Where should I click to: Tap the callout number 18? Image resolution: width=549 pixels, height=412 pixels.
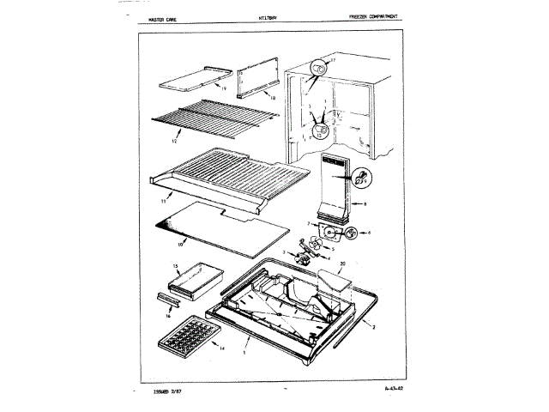272,100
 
